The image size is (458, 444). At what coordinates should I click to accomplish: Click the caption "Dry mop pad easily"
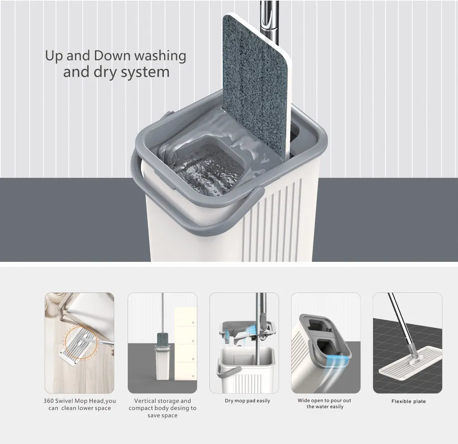click(x=247, y=401)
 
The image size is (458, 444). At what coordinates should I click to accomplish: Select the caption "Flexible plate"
click(x=408, y=401)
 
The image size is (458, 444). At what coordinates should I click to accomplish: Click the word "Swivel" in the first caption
click(x=64, y=401)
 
